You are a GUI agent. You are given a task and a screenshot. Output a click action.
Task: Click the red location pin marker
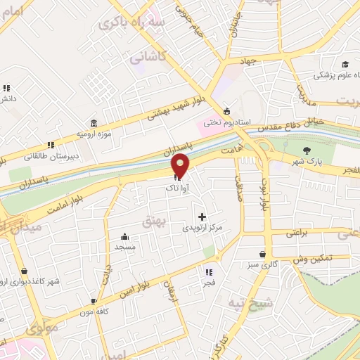(x=181, y=166)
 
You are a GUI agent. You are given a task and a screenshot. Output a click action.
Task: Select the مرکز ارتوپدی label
(x=202, y=228)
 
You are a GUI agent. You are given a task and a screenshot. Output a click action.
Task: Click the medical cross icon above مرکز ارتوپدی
(x=202, y=216)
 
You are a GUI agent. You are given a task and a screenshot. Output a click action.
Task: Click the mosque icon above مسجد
(x=125, y=236)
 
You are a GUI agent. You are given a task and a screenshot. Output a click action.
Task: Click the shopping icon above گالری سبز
(x=262, y=255)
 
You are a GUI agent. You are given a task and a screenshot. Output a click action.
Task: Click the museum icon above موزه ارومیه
(x=94, y=122)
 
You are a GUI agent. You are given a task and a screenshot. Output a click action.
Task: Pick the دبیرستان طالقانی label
(x=44, y=158)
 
